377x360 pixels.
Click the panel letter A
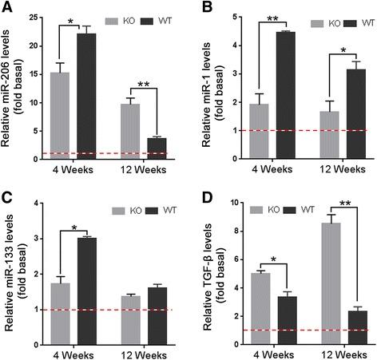pyautogui.click(x=6, y=8)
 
